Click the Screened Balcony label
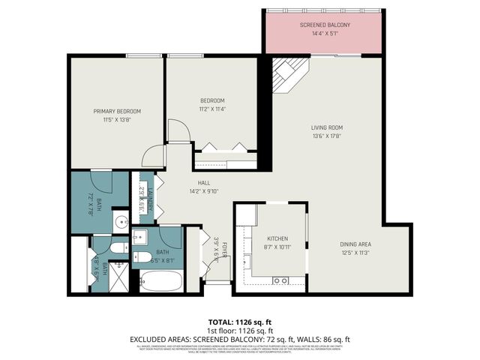(324, 25)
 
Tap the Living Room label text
(327, 127)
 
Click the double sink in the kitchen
(281, 280)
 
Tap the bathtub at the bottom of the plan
(160, 283)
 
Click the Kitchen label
(277, 238)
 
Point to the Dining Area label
(355, 244)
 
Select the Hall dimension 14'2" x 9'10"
(204, 191)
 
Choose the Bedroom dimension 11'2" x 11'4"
(212, 109)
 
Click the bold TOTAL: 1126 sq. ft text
(239, 321)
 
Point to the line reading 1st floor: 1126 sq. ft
(239, 330)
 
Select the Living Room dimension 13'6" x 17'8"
(327, 136)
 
